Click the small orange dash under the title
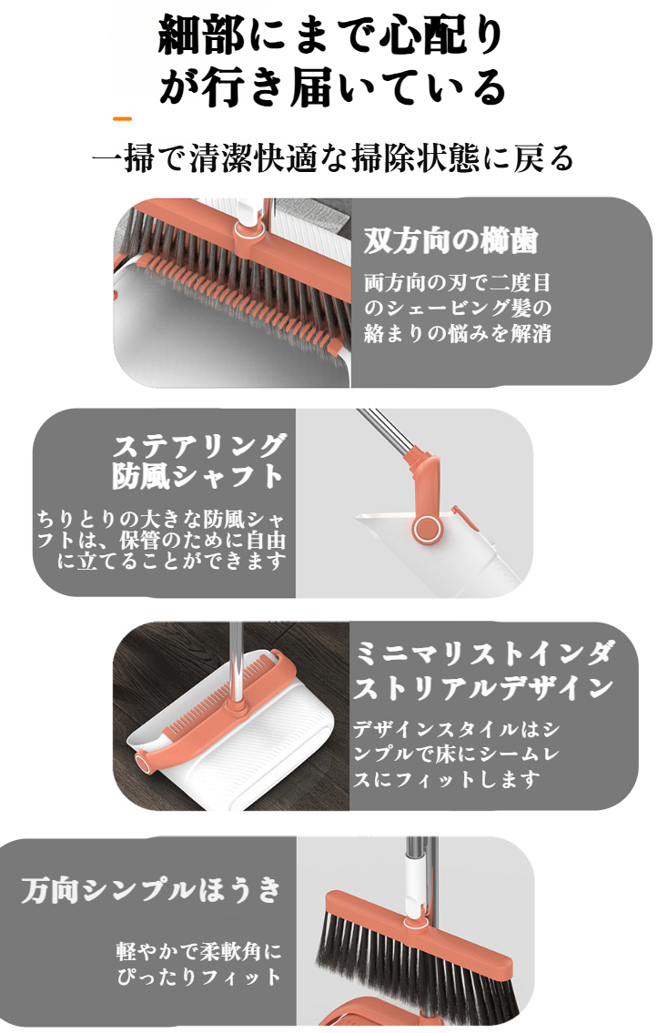pyautogui.click(x=122, y=118)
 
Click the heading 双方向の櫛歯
pyautogui.click(x=450, y=241)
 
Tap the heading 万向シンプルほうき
pyautogui.click(x=151, y=889)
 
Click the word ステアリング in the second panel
pyautogui.click(x=200, y=446)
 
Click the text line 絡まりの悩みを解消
pyautogui.click(x=458, y=333)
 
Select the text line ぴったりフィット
pyautogui.click(x=198, y=977)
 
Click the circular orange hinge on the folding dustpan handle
pyautogui.click(x=424, y=529)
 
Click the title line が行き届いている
pyautogui.click(x=331, y=87)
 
